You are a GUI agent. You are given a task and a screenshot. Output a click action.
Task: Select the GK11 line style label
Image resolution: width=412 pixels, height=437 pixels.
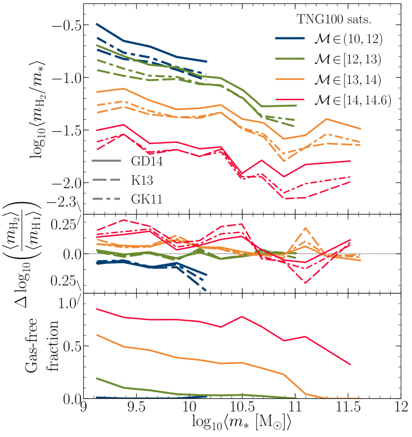pyautogui.click(x=146, y=200)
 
